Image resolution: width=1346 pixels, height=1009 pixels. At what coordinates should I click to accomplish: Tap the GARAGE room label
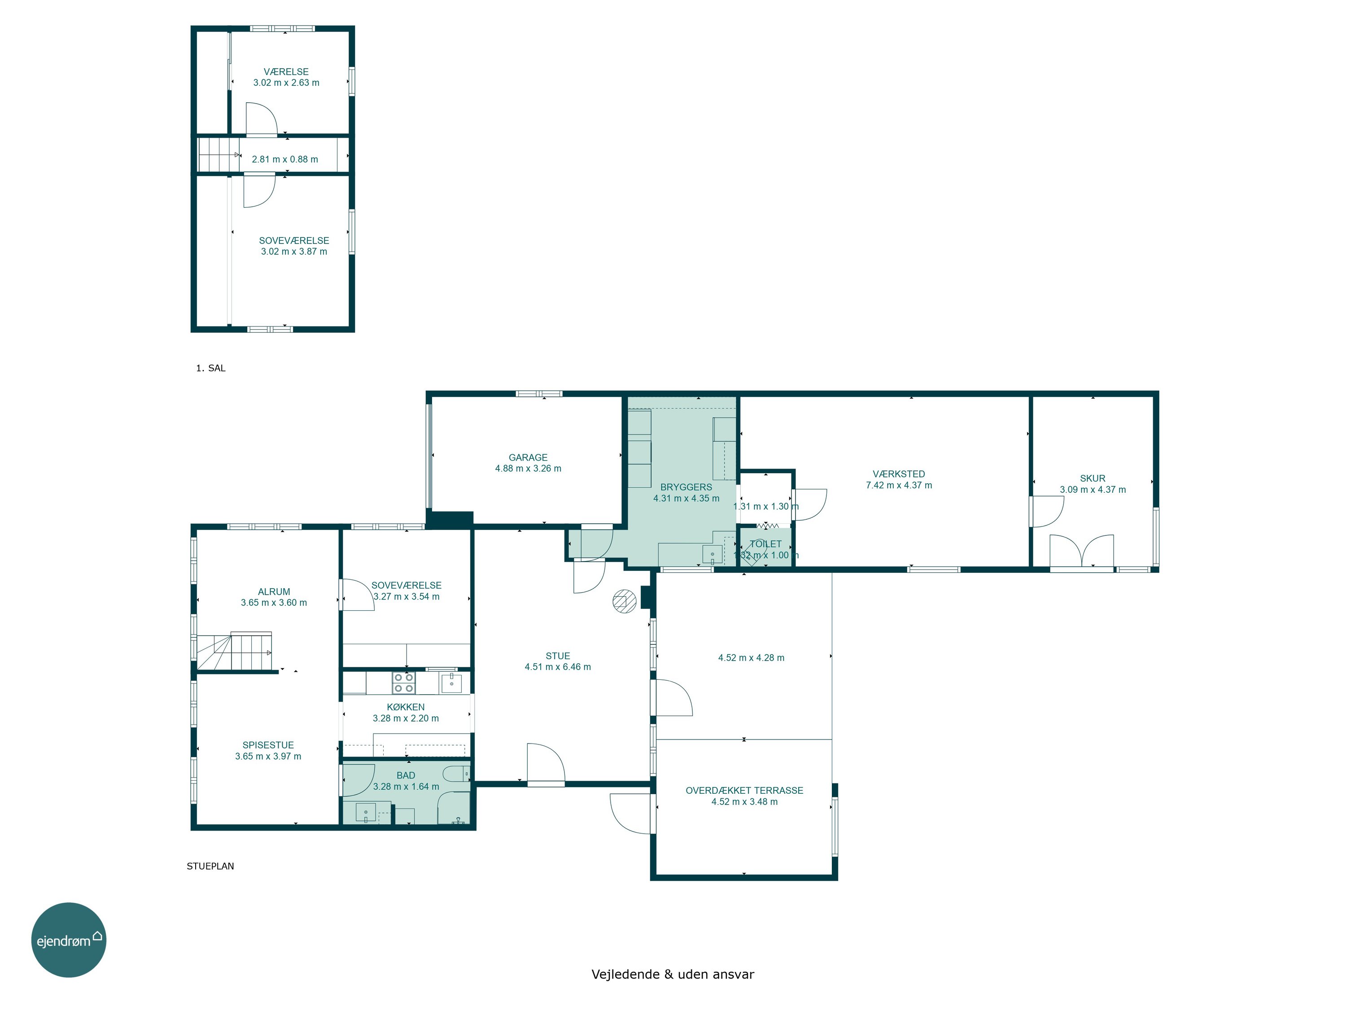(x=528, y=457)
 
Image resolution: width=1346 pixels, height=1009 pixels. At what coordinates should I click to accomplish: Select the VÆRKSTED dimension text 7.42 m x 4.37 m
(x=899, y=485)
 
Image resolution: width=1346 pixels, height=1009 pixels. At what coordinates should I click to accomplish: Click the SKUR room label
(x=1093, y=478)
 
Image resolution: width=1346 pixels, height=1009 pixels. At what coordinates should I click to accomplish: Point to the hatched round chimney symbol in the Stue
(x=625, y=601)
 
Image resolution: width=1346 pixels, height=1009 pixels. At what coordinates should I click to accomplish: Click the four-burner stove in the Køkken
(x=403, y=683)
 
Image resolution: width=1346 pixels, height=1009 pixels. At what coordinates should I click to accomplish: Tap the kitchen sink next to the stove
(x=451, y=683)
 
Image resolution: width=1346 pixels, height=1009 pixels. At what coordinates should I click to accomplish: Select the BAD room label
(x=406, y=775)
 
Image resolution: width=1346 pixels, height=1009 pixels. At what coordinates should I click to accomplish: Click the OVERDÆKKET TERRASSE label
(x=744, y=791)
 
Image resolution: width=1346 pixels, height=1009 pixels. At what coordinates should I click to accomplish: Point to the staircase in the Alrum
(x=234, y=652)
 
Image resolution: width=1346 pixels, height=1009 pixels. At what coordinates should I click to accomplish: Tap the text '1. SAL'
(x=210, y=368)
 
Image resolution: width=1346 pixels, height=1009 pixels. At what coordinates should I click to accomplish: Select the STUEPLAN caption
(x=210, y=866)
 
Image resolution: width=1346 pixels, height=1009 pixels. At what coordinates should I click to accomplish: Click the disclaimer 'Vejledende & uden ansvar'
(x=673, y=974)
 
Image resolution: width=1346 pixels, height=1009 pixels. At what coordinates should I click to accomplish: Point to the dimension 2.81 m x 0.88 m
(x=285, y=159)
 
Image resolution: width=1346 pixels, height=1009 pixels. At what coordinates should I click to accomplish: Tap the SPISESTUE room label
(x=268, y=745)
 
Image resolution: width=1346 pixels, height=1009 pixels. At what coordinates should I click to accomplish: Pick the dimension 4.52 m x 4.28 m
(x=751, y=657)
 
